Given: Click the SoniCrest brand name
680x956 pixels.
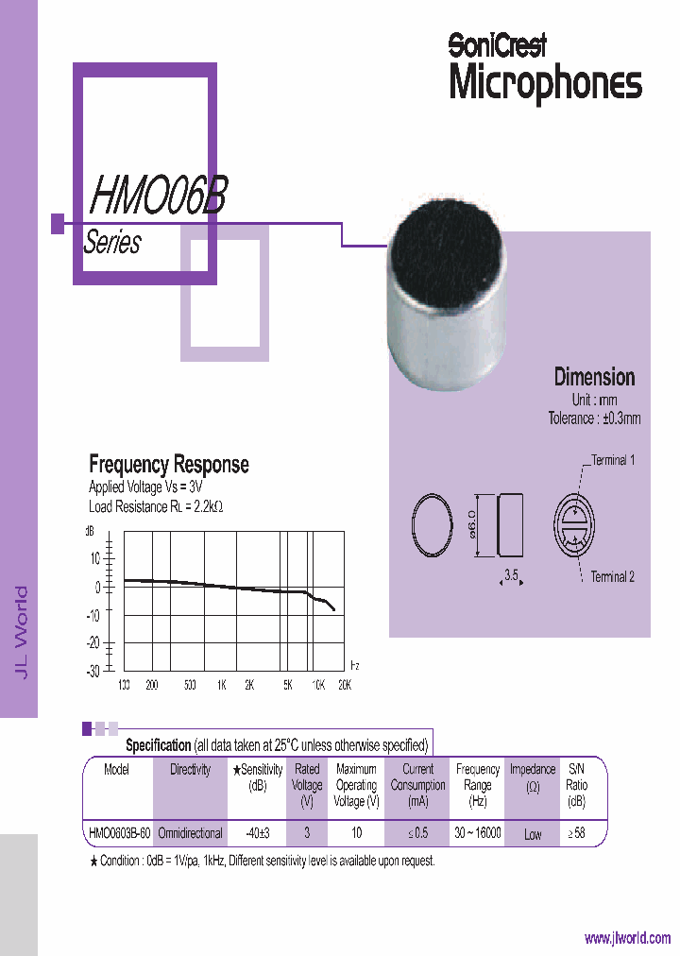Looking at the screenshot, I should click(x=497, y=43).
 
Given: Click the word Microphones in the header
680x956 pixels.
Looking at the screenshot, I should click(x=545, y=83).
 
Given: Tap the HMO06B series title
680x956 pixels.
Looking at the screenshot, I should click(x=157, y=196).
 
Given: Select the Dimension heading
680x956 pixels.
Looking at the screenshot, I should click(x=594, y=377).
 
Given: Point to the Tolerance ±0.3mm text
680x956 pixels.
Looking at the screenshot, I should click(x=594, y=418).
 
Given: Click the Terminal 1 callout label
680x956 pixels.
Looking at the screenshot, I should click(x=613, y=460).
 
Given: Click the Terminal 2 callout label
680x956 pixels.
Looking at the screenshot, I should click(x=613, y=576).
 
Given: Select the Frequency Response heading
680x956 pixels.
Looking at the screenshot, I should click(x=169, y=464).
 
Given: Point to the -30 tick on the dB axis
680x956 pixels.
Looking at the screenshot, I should click(x=93, y=671).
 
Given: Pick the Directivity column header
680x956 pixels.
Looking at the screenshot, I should click(x=190, y=770).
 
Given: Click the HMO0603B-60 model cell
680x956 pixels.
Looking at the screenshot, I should click(x=118, y=833).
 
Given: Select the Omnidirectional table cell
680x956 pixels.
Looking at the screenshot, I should click(x=190, y=833).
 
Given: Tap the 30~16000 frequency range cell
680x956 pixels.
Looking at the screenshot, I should click(x=478, y=833).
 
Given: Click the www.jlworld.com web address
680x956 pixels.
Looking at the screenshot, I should click(x=627, y=938).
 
